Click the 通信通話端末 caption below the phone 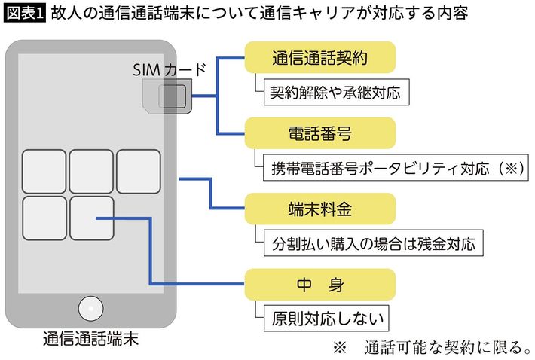(x=91, y=340)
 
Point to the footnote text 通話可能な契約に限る (x=444, y=347)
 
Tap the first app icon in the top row (x=44, y=171)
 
